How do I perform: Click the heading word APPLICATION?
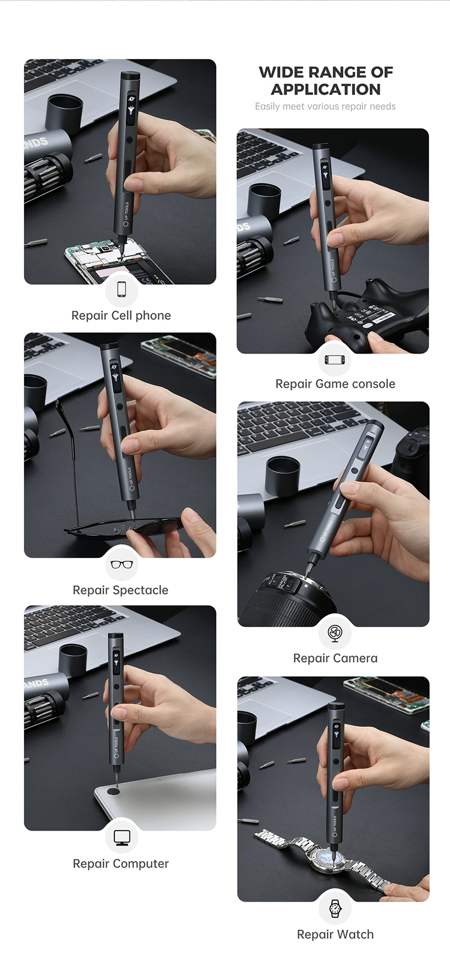click(x=326, y=89)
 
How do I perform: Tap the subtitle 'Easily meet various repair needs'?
click(x=325, y=106)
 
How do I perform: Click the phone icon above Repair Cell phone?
click(x=121, y=289)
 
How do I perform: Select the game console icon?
click(x=335, y=359)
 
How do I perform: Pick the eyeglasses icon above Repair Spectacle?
click(x=121, y=564)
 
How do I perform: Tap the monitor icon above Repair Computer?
click(x=121, y=837)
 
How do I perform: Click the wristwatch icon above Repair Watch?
click(x=335, y=907)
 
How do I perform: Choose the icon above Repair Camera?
click(x=335, y=633)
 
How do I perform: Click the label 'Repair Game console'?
click(x=336, y=384)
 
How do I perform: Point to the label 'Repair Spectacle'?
click(x=121, y=590)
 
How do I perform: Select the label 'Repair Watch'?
click(x=336, y=934)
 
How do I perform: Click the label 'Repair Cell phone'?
click(x=121, y=316)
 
